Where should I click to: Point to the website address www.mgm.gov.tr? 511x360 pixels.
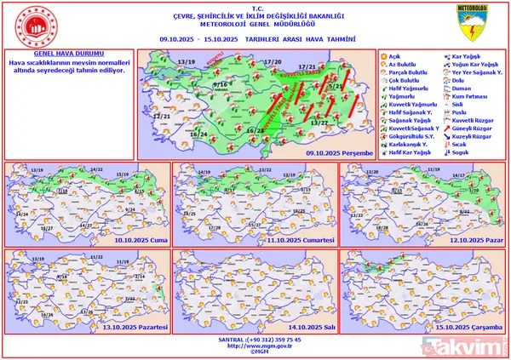tap(256, 346)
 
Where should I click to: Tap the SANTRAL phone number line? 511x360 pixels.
tap(256, 340)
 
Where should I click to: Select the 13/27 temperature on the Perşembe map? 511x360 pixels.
tap(319, 123)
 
